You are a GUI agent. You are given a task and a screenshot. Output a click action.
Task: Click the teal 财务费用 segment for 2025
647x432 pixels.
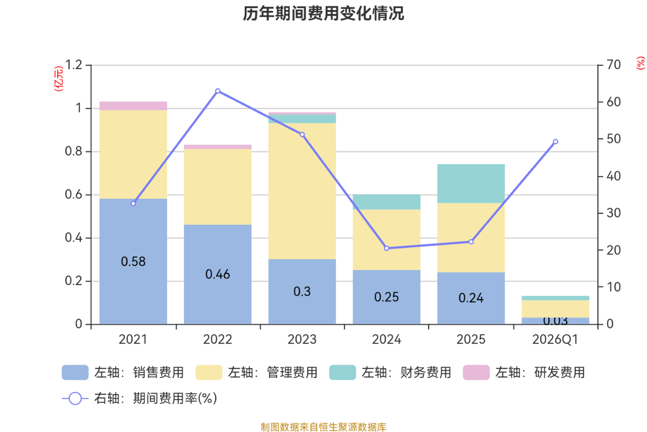pos(471,184)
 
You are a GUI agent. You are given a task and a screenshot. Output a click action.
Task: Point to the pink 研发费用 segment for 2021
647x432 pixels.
pos(133,105)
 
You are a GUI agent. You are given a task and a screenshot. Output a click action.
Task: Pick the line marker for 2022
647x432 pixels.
pos(217,91)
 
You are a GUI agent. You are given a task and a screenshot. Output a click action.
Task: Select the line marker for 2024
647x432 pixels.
pos(387,248)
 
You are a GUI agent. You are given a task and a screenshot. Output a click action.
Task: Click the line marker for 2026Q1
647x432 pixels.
pos(555,141)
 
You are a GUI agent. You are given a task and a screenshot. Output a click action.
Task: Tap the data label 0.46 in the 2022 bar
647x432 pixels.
pos(217,274)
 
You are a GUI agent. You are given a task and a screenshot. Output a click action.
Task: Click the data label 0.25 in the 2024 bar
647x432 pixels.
pos(387,297)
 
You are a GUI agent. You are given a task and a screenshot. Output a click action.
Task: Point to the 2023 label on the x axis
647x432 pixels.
pos(302,340)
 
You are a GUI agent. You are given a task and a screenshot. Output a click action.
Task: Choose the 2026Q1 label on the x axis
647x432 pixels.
pos(555,340)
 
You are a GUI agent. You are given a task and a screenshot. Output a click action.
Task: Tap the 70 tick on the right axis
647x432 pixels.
pos(613,65)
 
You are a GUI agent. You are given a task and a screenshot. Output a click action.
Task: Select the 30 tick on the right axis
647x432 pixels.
pos(613,213)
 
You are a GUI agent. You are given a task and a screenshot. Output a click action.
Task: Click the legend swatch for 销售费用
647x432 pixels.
pos(75,372)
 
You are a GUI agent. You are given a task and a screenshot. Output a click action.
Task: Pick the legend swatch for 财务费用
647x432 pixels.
pos(342,372)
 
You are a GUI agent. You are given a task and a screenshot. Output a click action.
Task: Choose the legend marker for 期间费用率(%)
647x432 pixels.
pos(75,399)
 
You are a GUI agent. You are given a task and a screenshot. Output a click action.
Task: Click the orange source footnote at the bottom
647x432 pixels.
pos(323,427)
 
